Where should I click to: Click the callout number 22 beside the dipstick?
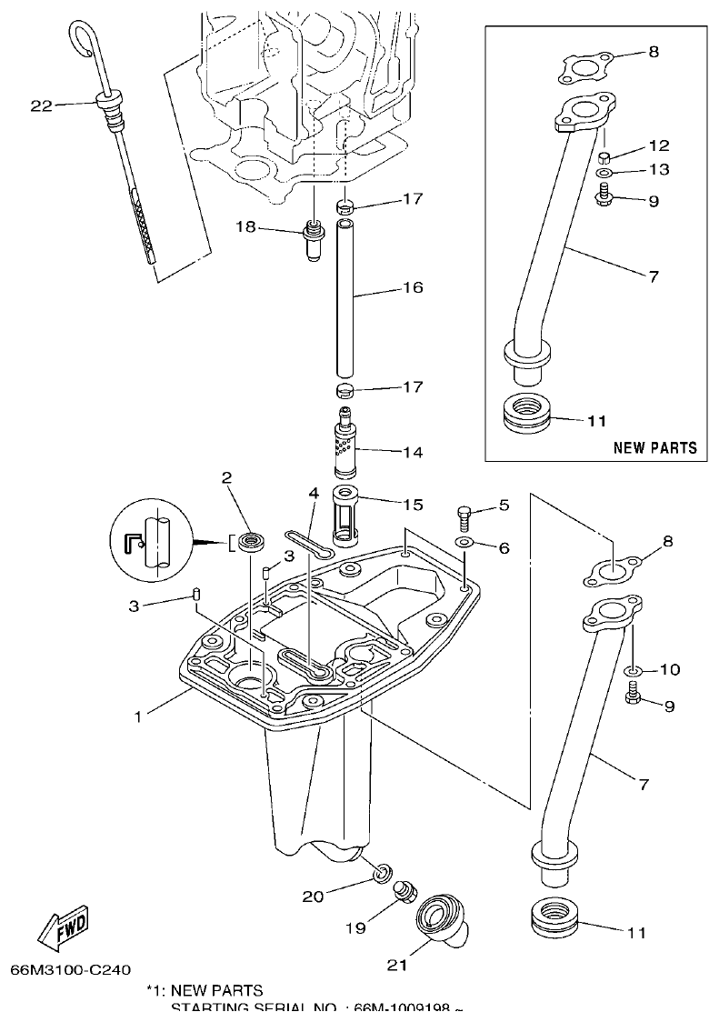(41, 105)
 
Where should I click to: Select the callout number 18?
(246, 227)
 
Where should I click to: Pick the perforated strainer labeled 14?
(345, 446)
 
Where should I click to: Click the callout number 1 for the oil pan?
(138, 716)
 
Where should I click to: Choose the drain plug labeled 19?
(404, 892)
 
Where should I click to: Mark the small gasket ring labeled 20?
(384, 875)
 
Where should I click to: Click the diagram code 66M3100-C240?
(76, 969)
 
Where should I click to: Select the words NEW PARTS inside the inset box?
(654, 447)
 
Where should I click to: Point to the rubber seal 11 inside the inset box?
(526, 415)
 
